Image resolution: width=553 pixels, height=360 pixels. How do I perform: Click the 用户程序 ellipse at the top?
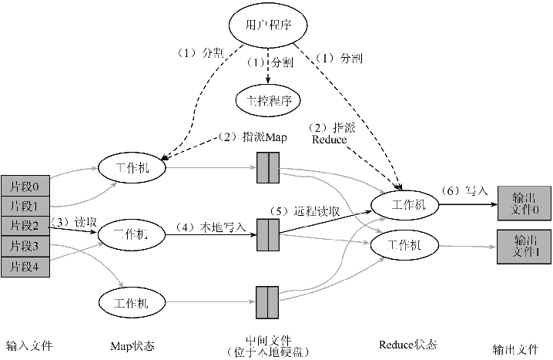coord(267,24)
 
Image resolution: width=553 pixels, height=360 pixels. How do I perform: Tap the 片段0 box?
coord(25,186)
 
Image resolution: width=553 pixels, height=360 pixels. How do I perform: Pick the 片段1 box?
coord(25,206)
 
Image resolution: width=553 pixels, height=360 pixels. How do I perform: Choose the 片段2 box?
coord(25,226)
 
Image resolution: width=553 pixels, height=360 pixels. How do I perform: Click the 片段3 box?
coord(25,246)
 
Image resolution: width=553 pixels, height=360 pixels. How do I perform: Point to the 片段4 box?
coord(25,266)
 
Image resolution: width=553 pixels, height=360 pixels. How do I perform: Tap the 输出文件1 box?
coord(523,244)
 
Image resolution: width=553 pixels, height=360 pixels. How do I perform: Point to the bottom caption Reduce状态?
coord(408,344)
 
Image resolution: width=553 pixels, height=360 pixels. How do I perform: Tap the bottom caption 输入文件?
coord(28,345)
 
